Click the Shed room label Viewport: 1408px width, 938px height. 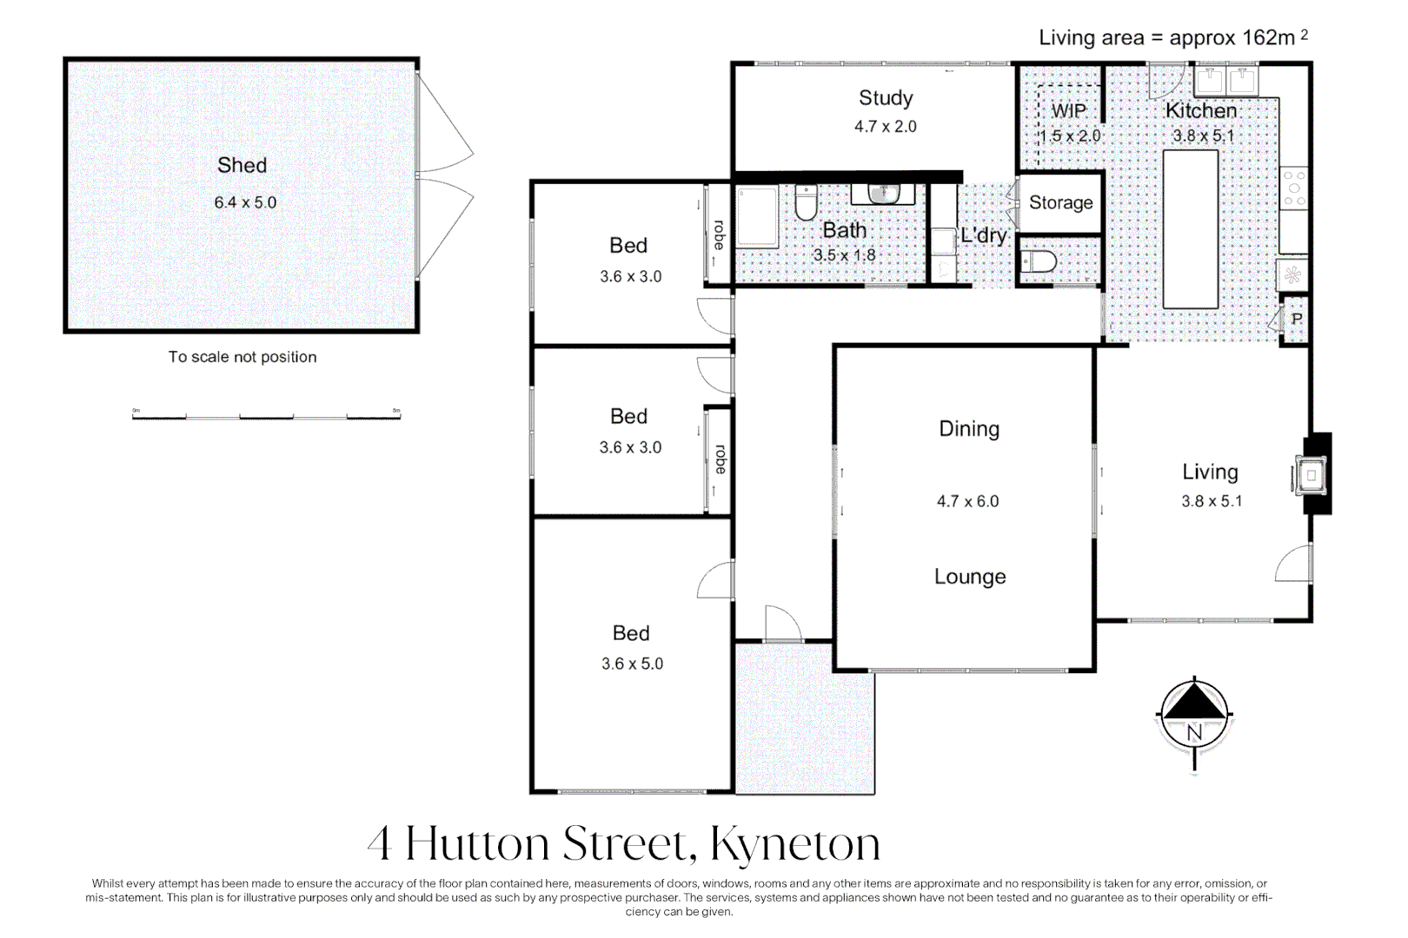[x=242, y=165]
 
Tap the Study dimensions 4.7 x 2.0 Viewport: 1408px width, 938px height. [x=885, y=127]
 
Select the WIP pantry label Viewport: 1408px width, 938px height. [x=1068, y=111]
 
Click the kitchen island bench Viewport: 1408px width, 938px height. [x=1190, y=229]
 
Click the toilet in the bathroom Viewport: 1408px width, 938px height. [x=806, y=203]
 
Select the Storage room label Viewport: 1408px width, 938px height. [x=1060, y=202]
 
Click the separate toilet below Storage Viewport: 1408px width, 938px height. [x=1038, y=261]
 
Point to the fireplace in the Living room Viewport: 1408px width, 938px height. [x=1311, y=474]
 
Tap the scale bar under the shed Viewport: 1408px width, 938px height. [x=266, y=417]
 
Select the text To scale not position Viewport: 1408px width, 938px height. [x=242, y=357]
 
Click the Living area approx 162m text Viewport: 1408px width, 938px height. [x=1172, y=37]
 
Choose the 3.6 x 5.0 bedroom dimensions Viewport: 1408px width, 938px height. [x=632, y=664]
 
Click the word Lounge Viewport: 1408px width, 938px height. [x=970, y=577]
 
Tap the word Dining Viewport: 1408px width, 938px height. [x=969, y=429]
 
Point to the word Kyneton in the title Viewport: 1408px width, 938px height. [x=794, y=843]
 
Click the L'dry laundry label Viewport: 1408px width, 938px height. [x=983, y=235]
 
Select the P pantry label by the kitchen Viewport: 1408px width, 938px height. [x=1296, y=319]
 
